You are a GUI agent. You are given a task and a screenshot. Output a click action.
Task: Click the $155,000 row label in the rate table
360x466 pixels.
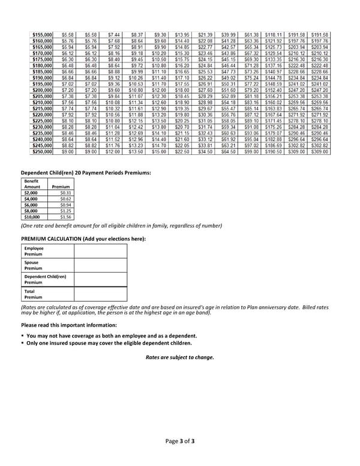42,35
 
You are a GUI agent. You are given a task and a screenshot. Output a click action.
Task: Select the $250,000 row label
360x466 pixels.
42,152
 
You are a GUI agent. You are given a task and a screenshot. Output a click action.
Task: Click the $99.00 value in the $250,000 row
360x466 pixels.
251,152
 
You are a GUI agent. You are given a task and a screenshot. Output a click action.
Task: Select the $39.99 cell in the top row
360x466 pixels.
229,35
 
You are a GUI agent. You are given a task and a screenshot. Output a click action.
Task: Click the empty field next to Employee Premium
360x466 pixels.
100,251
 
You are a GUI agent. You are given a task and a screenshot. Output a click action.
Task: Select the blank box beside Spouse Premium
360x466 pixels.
100,265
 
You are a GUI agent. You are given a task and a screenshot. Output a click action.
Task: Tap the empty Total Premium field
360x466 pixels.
100,294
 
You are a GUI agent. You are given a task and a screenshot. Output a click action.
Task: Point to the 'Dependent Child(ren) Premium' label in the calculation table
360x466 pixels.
45,280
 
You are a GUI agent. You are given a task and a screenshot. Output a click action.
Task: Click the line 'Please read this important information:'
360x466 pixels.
69,325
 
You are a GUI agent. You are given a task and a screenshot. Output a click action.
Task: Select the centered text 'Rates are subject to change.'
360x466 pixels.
179,357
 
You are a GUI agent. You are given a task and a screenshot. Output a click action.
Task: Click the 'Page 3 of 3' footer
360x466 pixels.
180,441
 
